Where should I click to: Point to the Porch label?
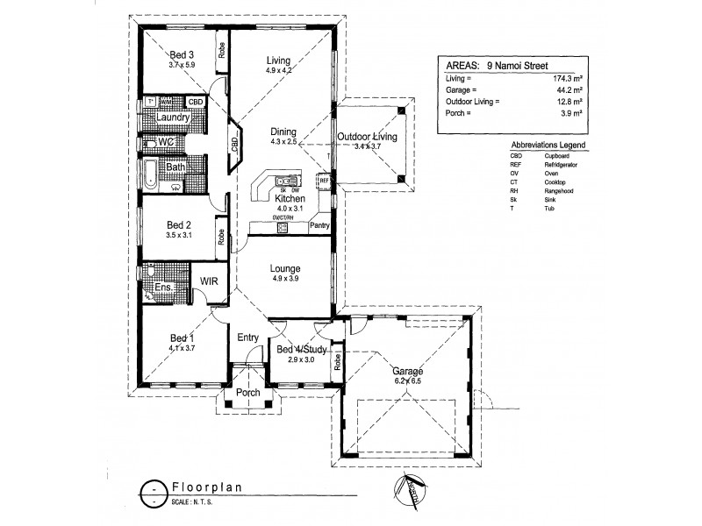pos(248,393)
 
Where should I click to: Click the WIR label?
pos(210,281)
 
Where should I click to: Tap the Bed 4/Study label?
pos(303,350)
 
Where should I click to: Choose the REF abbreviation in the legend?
pos(515,164)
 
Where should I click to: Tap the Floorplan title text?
pos(203,487)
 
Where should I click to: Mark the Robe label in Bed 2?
pos(222,236)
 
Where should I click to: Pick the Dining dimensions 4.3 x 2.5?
pos(286,142)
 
